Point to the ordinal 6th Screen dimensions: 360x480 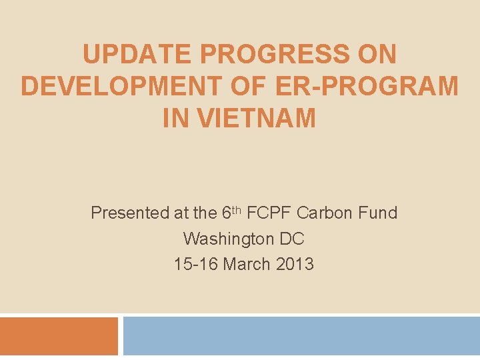click(229, 213)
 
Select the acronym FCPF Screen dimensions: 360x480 click(270, 213)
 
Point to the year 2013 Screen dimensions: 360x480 click(294, 264)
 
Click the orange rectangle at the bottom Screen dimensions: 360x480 click(59, 336)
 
